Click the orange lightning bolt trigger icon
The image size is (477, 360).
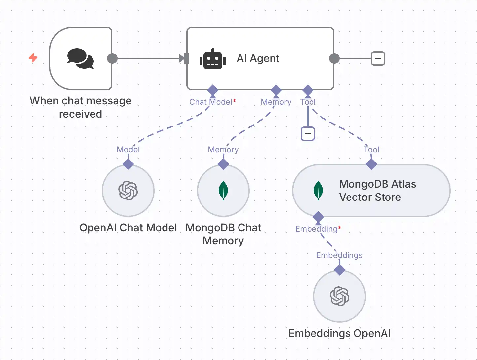pos(33,58)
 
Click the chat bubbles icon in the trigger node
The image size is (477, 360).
pos(81,58)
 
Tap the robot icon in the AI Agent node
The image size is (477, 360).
pos(213,59)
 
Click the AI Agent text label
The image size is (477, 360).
pos(258,58)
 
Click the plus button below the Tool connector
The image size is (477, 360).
pos(308,134)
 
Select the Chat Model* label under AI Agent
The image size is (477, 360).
pos(212,102)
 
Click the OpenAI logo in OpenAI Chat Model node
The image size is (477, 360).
pos(128,191)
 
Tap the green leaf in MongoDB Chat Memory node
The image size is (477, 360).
pos(223,191)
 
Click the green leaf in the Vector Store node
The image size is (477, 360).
pos(318,191)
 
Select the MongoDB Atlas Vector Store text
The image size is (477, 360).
pos(377,191)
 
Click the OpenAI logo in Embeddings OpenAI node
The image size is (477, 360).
pos(340,296)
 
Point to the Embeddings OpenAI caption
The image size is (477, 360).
pos(340,333)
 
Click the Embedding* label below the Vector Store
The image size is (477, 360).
pos(318,229)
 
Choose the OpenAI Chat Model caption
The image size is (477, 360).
pos(128,228)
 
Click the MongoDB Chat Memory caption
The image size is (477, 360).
pos(223,234)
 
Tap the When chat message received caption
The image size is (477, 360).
pos(81,107)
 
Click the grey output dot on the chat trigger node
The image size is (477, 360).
pos(112,58)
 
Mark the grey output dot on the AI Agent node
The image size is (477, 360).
pos(334,58)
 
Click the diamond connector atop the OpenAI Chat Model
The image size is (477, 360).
pos(128,164)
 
